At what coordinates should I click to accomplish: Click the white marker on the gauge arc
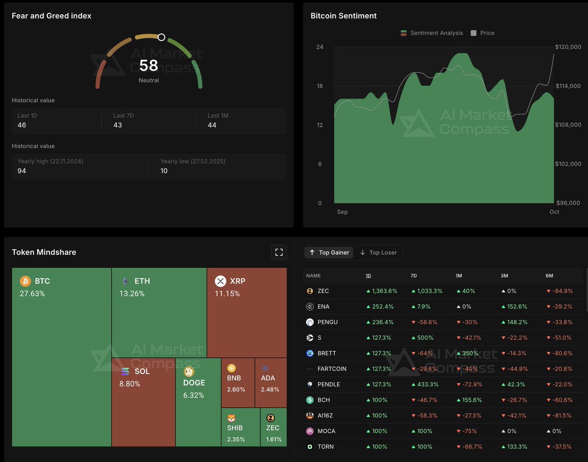161,37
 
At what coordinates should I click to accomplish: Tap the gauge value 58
148,65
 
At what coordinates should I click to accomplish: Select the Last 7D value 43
118,125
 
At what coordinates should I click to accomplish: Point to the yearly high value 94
22,171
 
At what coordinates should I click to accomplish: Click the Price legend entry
482,33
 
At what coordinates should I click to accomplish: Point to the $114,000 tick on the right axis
568,86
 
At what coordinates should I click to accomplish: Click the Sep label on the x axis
342,212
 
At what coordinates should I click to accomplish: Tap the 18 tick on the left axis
319,86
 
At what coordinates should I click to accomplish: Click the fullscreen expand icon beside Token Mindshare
279,252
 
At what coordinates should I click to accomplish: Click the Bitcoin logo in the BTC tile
25,281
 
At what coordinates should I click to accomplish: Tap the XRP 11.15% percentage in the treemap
227,293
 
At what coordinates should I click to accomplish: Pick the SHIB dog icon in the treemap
232,418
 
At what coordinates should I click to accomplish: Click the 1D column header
368,276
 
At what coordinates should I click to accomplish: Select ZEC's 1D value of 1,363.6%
382,291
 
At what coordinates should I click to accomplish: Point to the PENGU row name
327,322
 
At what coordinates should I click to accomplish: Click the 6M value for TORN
559,447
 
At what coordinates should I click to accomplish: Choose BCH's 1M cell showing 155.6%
469,400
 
